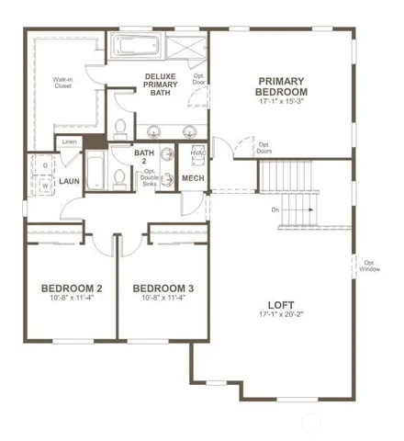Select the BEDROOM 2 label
pyautogui.click(x=71, y=289)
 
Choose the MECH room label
pyautogui.click(x=193, y=178)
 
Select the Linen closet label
pyautogui.click(x=70, y=141)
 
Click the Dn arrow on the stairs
pyautogui.click(x=306, y=209)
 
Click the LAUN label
pyautogui.click(x=70, y=182)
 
